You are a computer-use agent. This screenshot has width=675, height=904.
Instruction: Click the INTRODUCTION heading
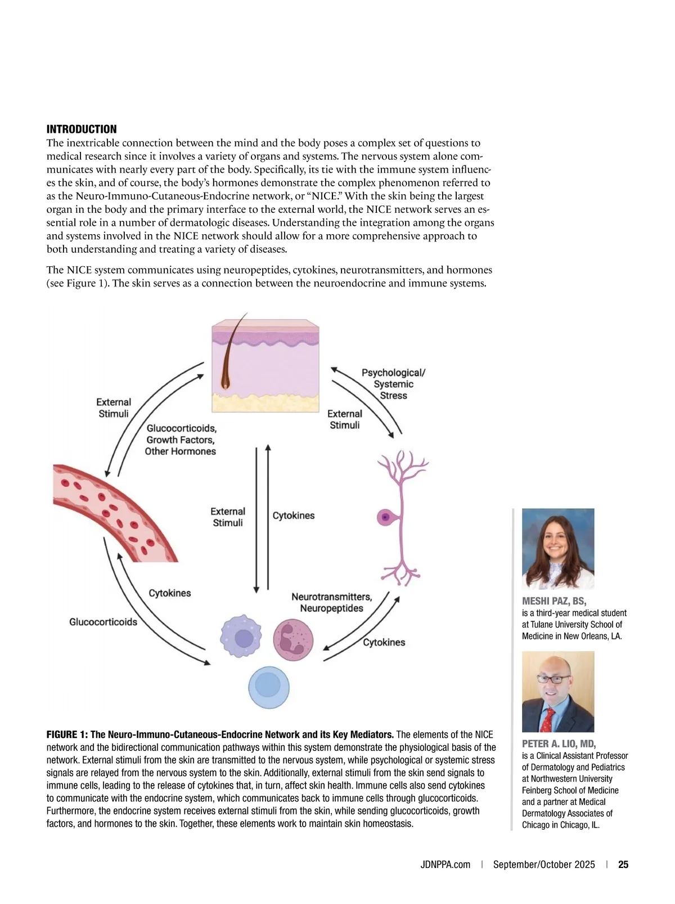point(82,129)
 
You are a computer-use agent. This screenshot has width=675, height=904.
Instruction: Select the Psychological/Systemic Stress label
point(393,384)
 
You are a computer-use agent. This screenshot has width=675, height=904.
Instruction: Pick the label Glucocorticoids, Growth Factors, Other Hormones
point(181,440)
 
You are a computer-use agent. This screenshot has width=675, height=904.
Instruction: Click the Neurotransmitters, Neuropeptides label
point(331,602)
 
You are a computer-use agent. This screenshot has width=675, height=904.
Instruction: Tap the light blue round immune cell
point(268,687)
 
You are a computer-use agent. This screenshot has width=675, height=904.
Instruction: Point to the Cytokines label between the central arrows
point(294,516)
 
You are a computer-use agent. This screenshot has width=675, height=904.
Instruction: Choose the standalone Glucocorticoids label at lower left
point(103,622)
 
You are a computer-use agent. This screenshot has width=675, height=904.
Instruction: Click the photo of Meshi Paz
point(557,548)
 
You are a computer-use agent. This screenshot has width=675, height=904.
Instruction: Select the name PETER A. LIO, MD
point(559,744)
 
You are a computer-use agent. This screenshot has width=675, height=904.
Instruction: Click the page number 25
point(623,865)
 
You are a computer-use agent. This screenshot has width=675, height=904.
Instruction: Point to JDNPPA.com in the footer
point(445,865)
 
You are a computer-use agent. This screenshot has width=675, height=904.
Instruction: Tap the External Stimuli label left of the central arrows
point(228,517)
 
